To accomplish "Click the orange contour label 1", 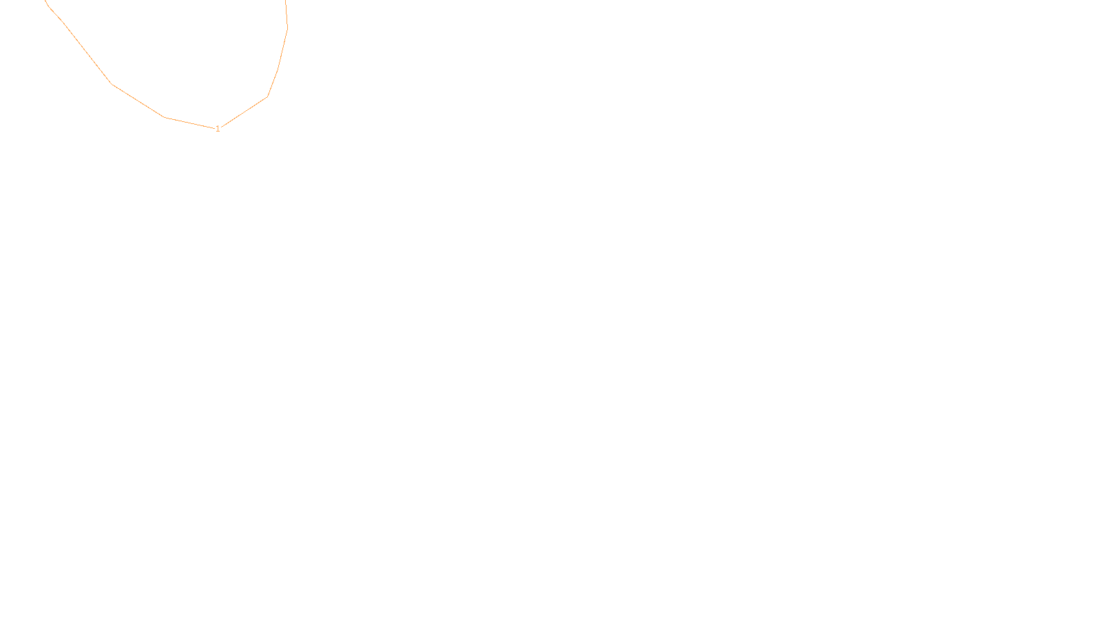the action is click(x=218, y=129).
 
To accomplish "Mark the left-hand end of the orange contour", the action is click(x=45, y=1).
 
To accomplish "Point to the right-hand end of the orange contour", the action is click(x=285, y=1).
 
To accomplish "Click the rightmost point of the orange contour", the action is click(x=287, y=28).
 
